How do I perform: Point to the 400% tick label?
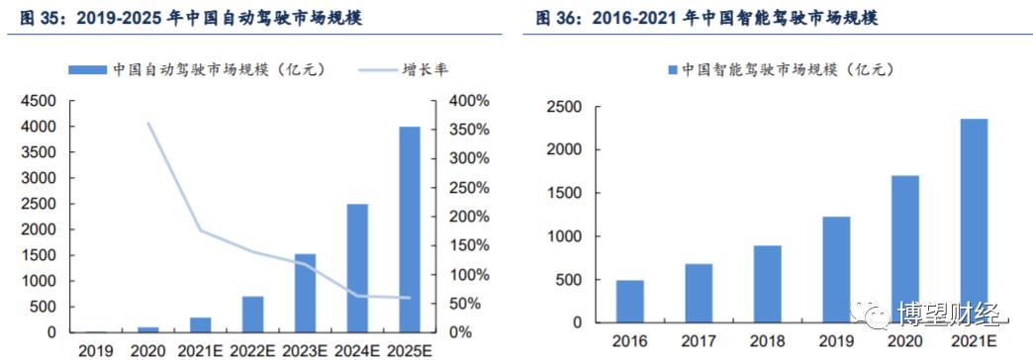468,101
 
